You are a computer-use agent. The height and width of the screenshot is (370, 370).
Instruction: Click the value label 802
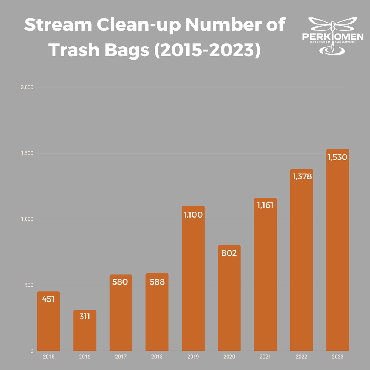point(229,253)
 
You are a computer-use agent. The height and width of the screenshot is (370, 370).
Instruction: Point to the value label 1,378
point(302,176)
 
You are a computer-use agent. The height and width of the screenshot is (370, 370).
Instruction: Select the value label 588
point(157,282)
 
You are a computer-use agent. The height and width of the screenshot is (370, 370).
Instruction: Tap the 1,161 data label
point(265,205)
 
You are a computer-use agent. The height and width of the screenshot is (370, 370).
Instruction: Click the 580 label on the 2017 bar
point(121,282)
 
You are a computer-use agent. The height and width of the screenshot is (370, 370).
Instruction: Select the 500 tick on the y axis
point(29,285)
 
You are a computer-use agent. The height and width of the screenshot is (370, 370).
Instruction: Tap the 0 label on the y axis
point(32,351)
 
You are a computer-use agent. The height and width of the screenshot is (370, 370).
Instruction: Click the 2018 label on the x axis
point(157,357)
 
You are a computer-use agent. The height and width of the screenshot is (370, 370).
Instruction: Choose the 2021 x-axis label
point(265,357)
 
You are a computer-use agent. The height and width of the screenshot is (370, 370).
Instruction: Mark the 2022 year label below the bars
point(302,357)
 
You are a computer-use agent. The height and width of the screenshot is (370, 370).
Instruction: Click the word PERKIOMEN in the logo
point(333,37)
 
